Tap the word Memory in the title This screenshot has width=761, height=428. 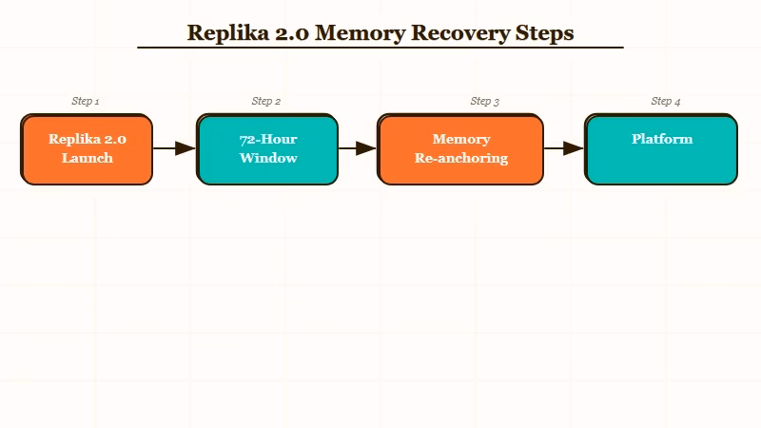(358, 33)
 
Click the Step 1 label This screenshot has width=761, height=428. (86, 101)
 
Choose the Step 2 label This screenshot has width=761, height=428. (266, 101)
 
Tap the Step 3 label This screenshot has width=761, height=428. (485, 101)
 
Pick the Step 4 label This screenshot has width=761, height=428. (666, 101)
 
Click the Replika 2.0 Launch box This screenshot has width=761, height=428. (87, 149)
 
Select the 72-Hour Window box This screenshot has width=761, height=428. (267, 149)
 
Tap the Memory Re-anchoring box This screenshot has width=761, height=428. (460, 149)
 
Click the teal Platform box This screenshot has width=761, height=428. (661, 149)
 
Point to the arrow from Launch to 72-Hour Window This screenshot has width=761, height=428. (174, 148)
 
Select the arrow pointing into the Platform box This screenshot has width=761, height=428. (563, 148)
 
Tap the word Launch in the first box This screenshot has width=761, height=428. (88, 158)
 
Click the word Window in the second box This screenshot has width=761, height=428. (268, 158)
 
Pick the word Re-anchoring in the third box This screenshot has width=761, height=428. (461, 158)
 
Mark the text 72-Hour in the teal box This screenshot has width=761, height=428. (268, 139)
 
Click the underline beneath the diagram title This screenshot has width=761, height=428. (380, 48)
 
